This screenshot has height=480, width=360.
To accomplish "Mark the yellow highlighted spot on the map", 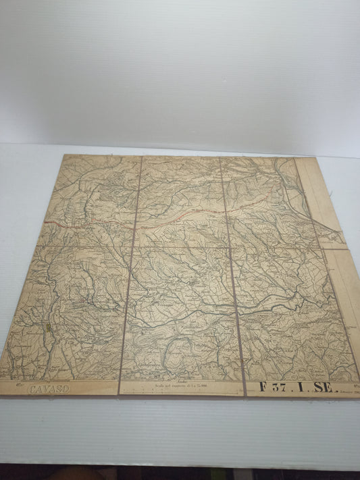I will (x=50, y=327).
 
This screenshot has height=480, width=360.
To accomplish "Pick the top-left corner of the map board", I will (x=63, y=155).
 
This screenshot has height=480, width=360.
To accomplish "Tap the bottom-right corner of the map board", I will (x=359, y=396).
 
